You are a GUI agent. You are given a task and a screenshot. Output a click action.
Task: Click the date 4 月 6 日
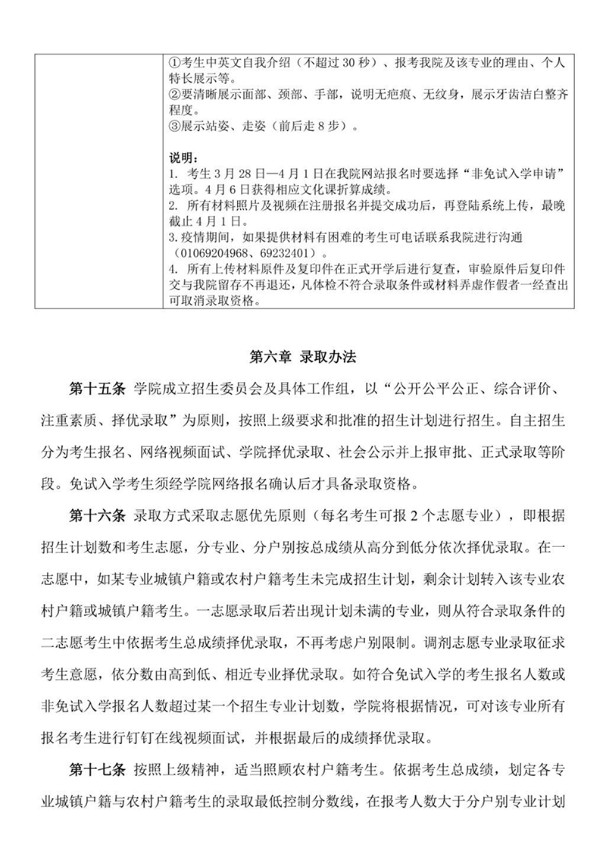point(225,189)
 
